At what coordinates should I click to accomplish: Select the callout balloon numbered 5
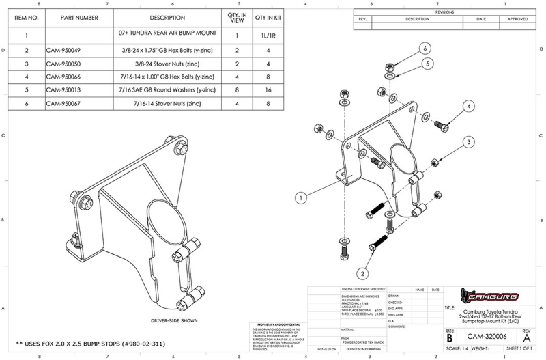tap(429, 63)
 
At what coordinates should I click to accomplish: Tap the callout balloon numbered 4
tap(470, 106)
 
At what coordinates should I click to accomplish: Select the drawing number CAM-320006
tap(485, 337)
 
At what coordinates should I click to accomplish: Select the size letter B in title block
tap(450, 337)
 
